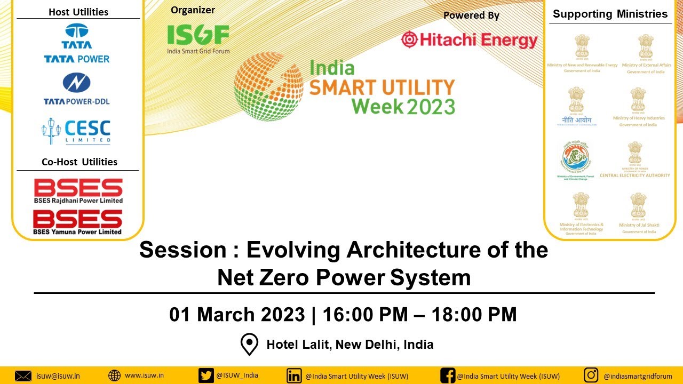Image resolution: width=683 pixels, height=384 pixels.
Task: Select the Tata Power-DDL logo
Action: (x=77, y=89)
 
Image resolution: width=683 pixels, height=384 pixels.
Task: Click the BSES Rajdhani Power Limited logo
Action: (x=78, y=191)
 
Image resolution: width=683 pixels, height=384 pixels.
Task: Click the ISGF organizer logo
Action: (x=198, y=38)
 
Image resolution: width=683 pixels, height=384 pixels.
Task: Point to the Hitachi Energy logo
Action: (x=469, y=40)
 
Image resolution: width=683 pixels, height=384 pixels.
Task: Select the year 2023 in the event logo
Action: (x=431, y=106)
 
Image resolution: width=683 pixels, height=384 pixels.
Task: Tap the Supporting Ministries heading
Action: (x=610, y=14)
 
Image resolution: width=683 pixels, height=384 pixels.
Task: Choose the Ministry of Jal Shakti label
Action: (x=639, y=225)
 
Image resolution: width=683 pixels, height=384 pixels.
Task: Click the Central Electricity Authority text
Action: (x=634, y=175)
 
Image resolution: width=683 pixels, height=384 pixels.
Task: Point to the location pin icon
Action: (x=249, y=345)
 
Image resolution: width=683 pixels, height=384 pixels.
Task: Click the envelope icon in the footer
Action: (x=23, y=375)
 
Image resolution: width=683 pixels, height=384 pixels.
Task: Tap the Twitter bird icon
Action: (x=206, y=375)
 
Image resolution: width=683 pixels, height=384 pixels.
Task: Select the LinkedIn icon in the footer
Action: (x=294, y=375)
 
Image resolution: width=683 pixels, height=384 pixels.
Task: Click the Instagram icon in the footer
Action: (x=591, y=375)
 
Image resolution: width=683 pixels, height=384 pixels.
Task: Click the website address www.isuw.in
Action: (x=144, y=375)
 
